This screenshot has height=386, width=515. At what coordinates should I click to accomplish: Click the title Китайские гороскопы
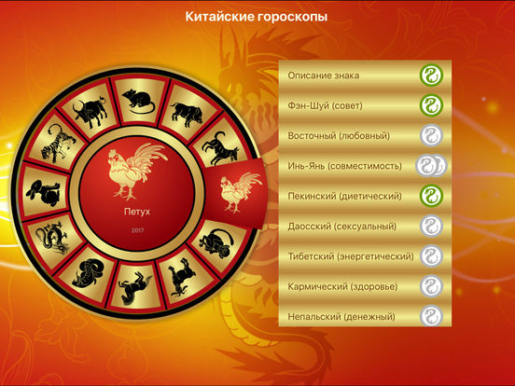(x=257, y=17)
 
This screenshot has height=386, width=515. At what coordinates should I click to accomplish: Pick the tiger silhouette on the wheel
(x=58, y=145)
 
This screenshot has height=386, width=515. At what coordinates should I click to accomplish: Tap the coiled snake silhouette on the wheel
(x=88, y=272)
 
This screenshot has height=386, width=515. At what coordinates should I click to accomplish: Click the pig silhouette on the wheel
(x=187, y=114)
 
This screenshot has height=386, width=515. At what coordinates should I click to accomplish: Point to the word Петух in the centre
(x=137, y=212)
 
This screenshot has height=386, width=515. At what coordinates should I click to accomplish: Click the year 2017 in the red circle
(x=138, y=230)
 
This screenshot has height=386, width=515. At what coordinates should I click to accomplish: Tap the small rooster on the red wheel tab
(x=239, y=192)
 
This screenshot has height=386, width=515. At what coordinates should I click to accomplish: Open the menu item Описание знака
(x=324, y=76)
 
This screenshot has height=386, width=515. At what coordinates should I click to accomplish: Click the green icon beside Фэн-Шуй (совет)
(x=431, y=105)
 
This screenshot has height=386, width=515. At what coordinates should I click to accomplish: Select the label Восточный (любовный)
(x=339, y=136)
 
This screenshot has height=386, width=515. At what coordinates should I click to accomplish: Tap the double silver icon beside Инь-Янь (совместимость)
(x=431, y=165)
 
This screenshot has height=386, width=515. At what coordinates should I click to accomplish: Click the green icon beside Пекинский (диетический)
(x=431, y=196)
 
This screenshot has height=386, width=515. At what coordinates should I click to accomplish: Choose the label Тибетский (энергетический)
(x=351, y=256)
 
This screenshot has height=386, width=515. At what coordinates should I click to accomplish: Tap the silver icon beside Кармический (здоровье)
(x=431, y=286)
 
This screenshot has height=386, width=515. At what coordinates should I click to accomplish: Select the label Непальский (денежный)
(x=341, y=317)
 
